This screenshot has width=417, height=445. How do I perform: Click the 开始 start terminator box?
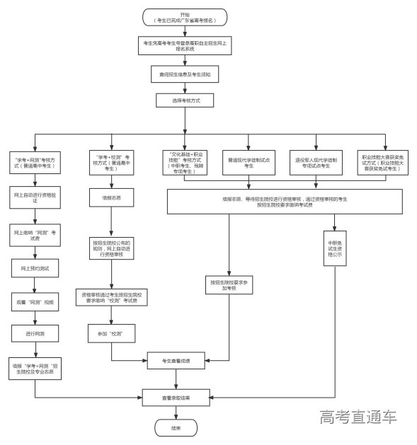[x=185, y=18]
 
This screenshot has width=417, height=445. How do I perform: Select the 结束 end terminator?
[x=176, y=428]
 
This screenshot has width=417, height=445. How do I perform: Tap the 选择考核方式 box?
[x=185, y=100]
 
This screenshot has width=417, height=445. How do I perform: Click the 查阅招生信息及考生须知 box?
[x=185, y=74]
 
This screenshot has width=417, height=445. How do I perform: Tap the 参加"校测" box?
[x=106, y=332]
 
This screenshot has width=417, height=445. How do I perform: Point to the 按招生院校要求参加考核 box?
[x=227, y=285]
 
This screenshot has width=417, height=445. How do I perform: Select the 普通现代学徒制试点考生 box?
[x=248, y=162]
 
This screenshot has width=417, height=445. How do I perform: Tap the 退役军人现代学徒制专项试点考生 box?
[x=312, y=162]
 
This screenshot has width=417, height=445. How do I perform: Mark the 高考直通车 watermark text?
[x=358, y=417]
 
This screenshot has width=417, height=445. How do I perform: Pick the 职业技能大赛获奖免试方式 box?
[x=382, y=162]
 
